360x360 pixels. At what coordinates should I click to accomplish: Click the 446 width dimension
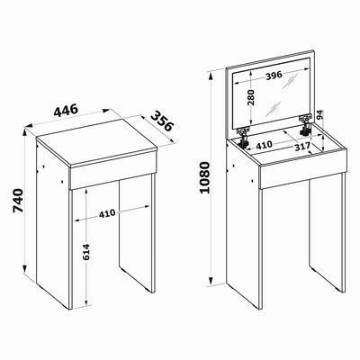click(66, 110)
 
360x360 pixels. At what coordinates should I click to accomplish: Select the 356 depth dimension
click(162, 121)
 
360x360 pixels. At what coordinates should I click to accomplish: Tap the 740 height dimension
click(19, 201)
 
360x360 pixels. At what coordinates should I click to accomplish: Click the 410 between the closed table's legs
click(107, 213)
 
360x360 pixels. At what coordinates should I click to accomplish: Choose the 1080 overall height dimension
click(204, 177)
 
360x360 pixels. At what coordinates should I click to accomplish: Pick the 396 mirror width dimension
click(274, 76)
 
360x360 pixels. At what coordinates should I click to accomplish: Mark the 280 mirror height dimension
click(251, 97)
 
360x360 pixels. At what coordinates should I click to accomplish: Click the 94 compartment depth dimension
click(320, 115)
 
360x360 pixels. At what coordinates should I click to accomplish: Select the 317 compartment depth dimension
click(301, 147)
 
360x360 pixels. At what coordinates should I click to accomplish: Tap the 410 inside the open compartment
click(264, 145)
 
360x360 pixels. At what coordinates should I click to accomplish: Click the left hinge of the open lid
click(243, 137)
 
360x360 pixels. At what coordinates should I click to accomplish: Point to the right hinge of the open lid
click(305, 125)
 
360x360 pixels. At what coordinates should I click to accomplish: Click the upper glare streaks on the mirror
click(290, 81)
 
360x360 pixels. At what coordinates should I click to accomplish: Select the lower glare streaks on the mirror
click(273, 109)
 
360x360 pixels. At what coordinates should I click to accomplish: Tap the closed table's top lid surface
click(97, 142)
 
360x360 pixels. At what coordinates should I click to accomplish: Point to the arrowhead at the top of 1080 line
click(211, 75)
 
